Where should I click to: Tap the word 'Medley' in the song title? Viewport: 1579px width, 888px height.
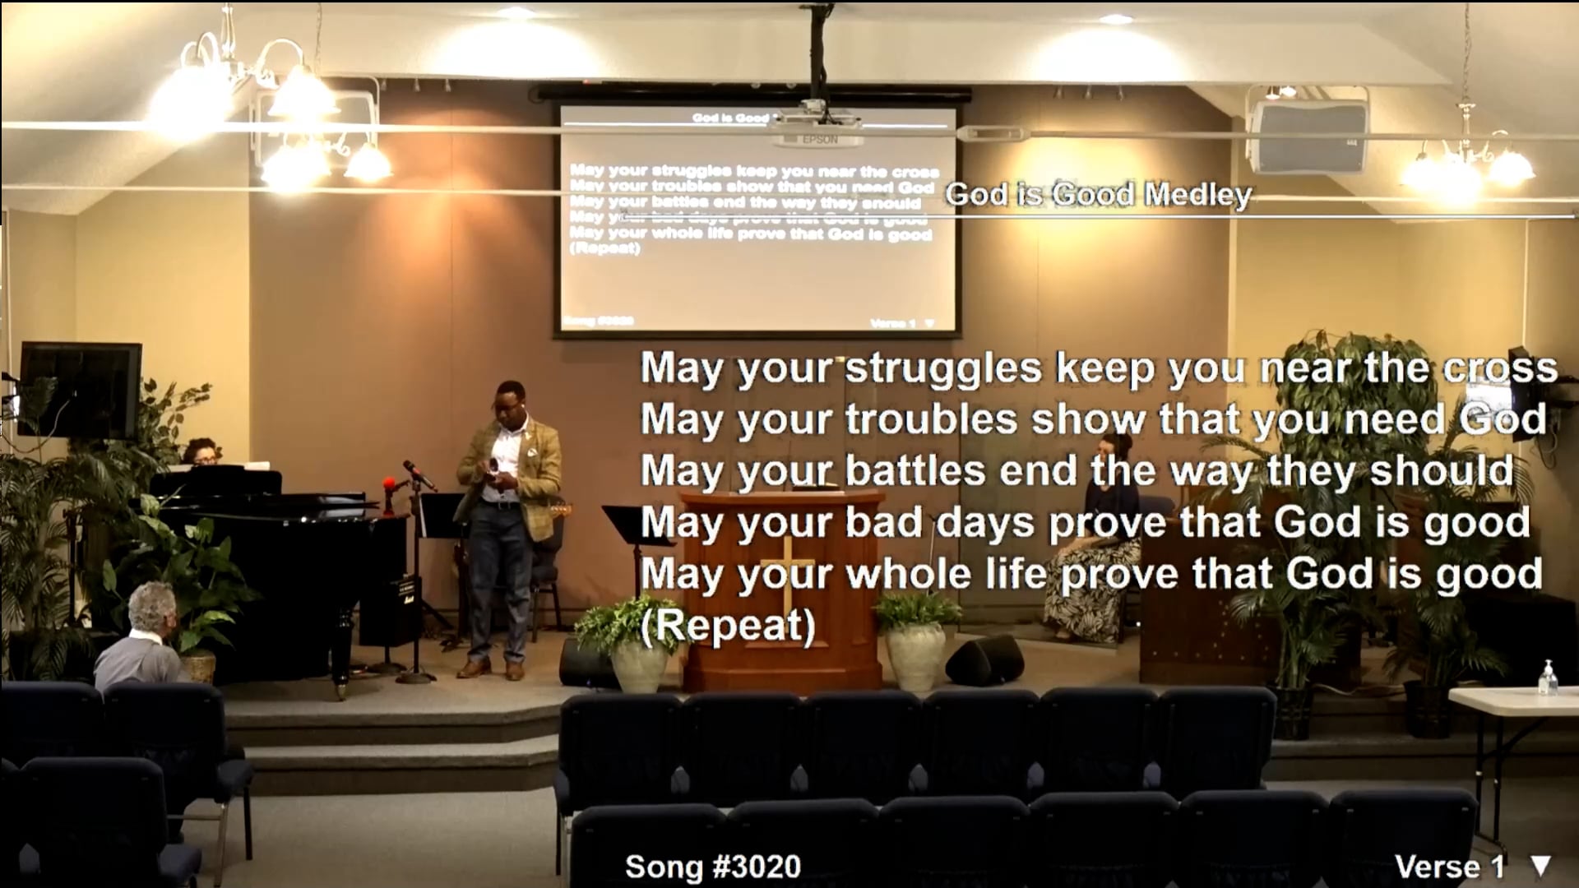pos(1198,195)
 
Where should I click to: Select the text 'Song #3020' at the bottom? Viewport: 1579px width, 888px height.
pos(712,867)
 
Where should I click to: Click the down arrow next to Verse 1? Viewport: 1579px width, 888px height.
pos(1540,865)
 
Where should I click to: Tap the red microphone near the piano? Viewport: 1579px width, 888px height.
pos(390,484)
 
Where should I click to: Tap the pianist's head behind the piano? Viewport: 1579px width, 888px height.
pos(201,451)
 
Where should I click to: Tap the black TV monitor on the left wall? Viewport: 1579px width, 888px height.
pos(80,390)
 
